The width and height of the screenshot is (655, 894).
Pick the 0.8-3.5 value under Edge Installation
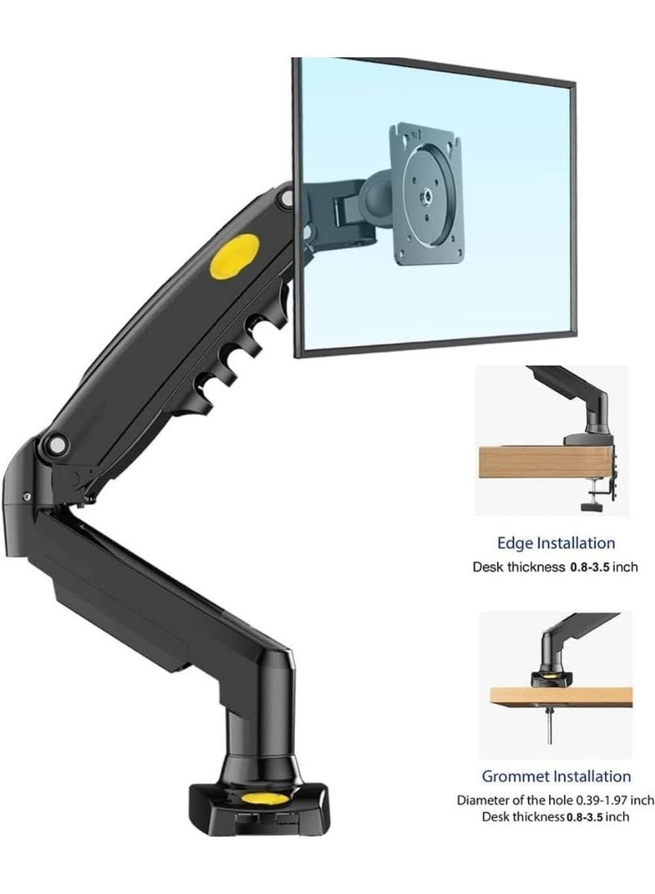(590, 567)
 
